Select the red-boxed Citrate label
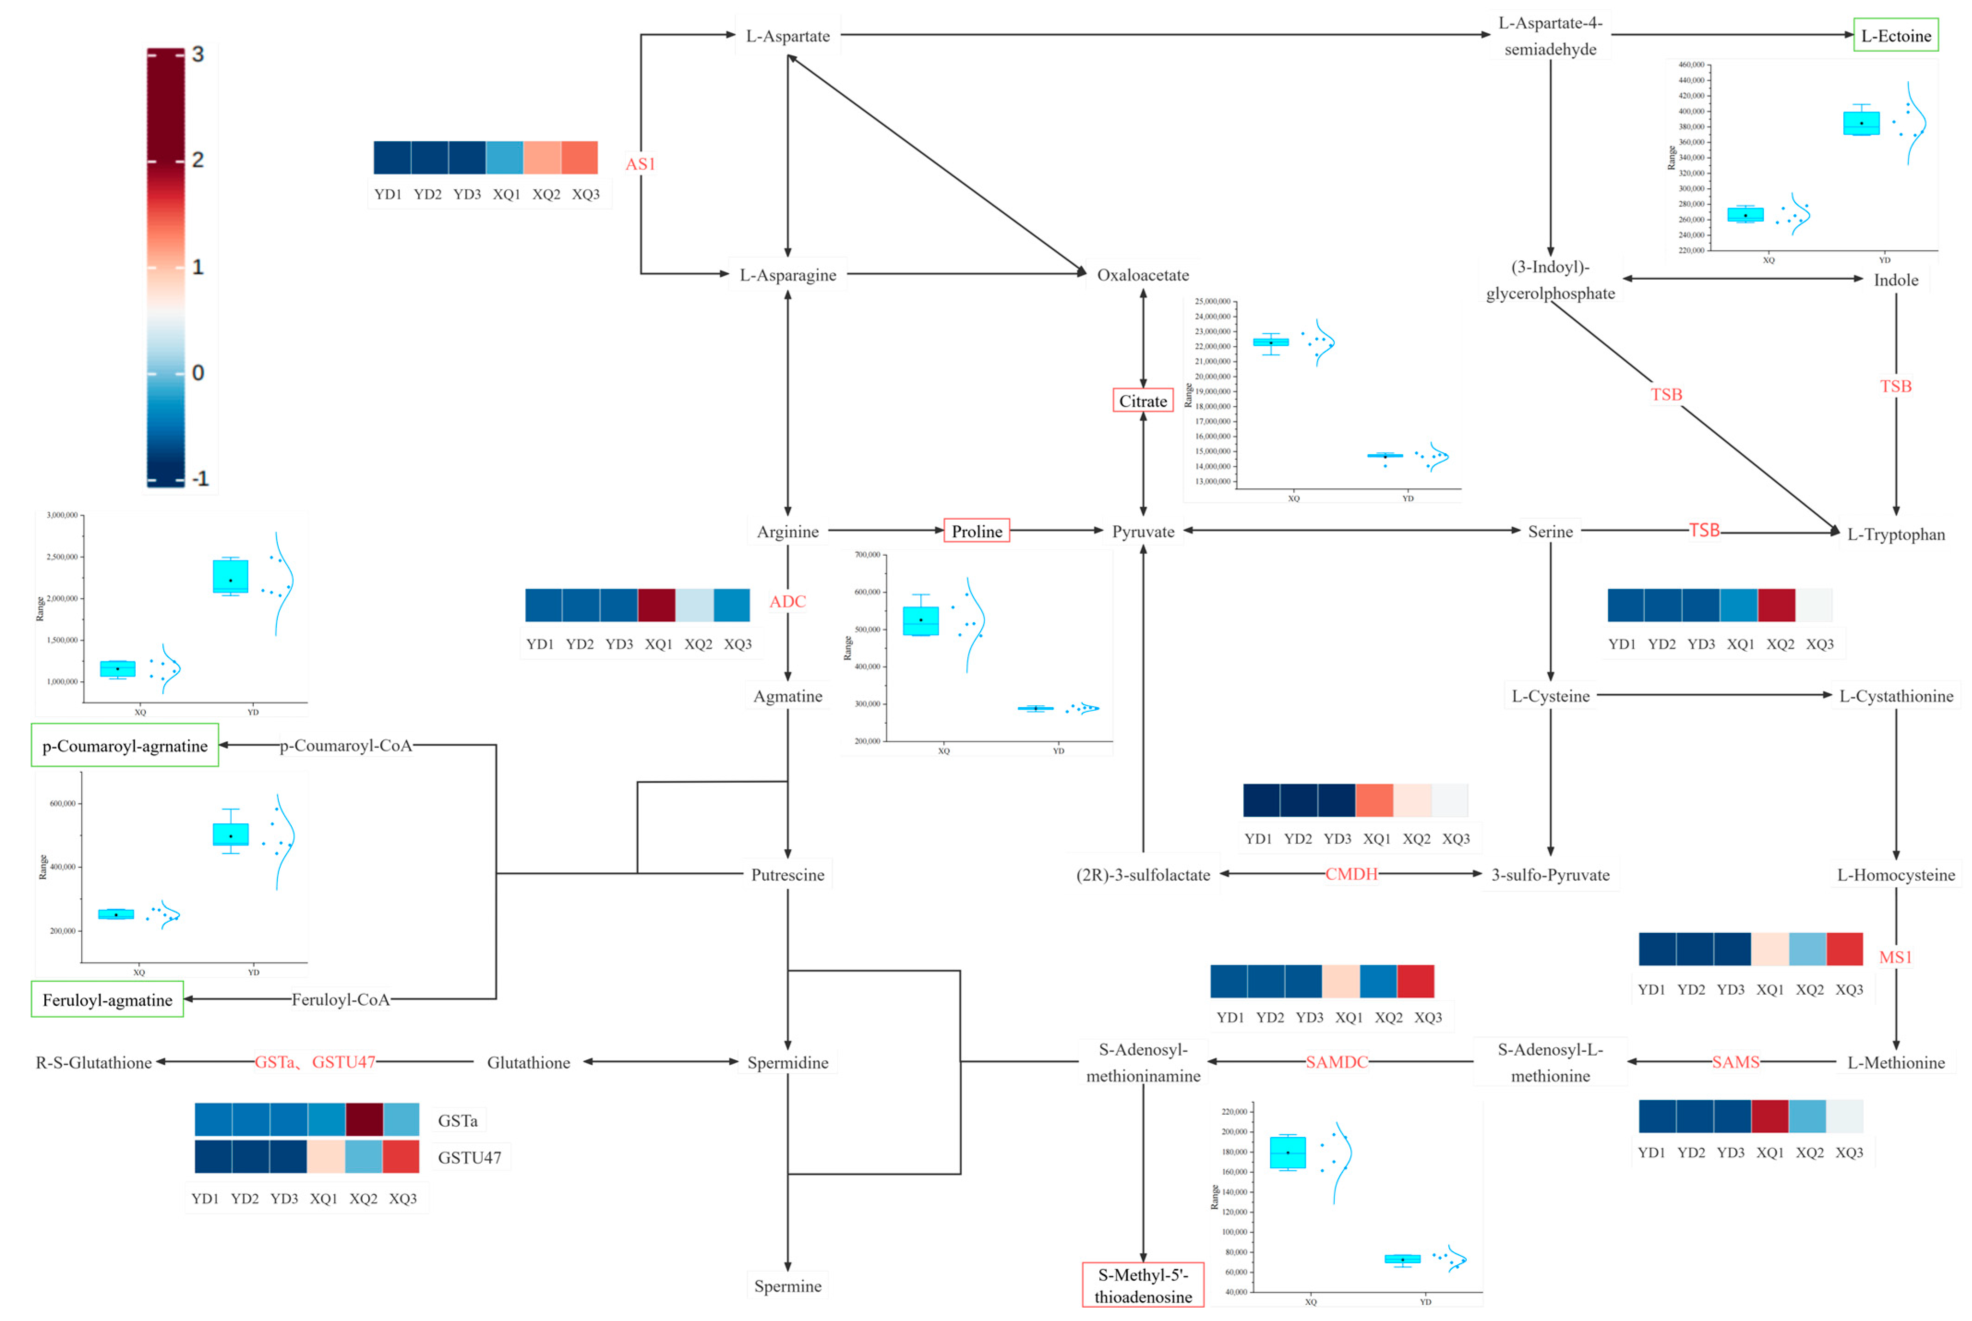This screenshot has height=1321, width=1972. [1142, 401]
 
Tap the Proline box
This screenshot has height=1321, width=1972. [977, 531]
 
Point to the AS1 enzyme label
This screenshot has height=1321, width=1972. [640, 163]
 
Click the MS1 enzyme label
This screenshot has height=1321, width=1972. [1895, 957]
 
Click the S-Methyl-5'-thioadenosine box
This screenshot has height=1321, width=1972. [1142, 1285]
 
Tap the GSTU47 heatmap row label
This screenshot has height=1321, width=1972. [469, 1158]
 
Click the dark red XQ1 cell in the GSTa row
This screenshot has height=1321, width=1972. [364, 1120]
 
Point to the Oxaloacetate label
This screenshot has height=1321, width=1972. [1142, 275]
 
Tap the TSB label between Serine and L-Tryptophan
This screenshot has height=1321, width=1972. [1703, 530]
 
